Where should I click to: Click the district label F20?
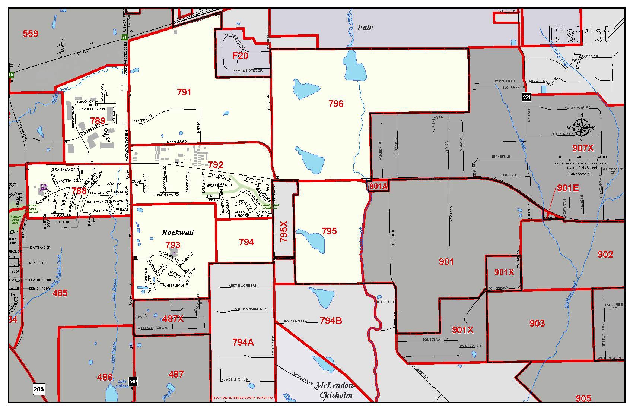[240, 56]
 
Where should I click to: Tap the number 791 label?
[184, 92]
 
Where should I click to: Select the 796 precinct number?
[336, 104]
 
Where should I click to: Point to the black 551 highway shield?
[526, 97]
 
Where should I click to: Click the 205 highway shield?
[39, 389]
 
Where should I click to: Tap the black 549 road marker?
[133, 381]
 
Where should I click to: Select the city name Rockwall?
[178, 233]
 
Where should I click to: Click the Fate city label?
[365, 27]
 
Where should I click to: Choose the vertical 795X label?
[284, 231]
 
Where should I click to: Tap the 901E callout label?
[567, 188]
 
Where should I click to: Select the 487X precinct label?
[173, 319]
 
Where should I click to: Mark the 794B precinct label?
[331, 321]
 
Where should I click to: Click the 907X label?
[583, 148]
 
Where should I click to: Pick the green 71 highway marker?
[125, 38]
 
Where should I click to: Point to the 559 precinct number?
[31, 34]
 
